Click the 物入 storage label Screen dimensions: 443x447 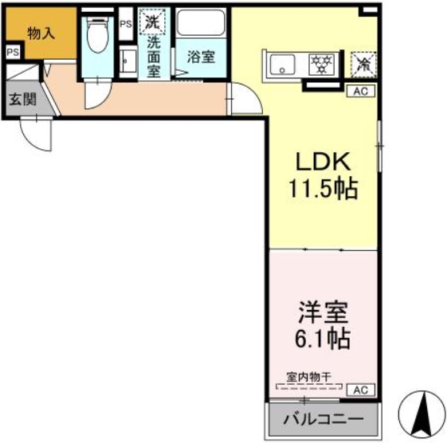pyautogui.click(x=40, y=33)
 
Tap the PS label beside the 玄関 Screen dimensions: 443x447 pyautogui.click(x=12, y=52)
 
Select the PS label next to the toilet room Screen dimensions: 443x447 pyautogui.click(x=126, y=24)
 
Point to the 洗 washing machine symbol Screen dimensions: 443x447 pyautogui.click(x=151, y=22)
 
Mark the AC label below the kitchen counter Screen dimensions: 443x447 pyautogui.click(x=360, y=91)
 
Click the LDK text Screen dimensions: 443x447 pyautogui.click(x=323, y=161)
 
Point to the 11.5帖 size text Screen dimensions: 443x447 pyautogui.click(x=323, y=190)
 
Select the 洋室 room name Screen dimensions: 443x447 pyautogui.click(x=322, y=310)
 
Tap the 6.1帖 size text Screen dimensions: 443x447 pyautogui.click(x=322, y=339)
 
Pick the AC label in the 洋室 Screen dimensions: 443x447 pyautogui.click(x=360, y=390)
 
